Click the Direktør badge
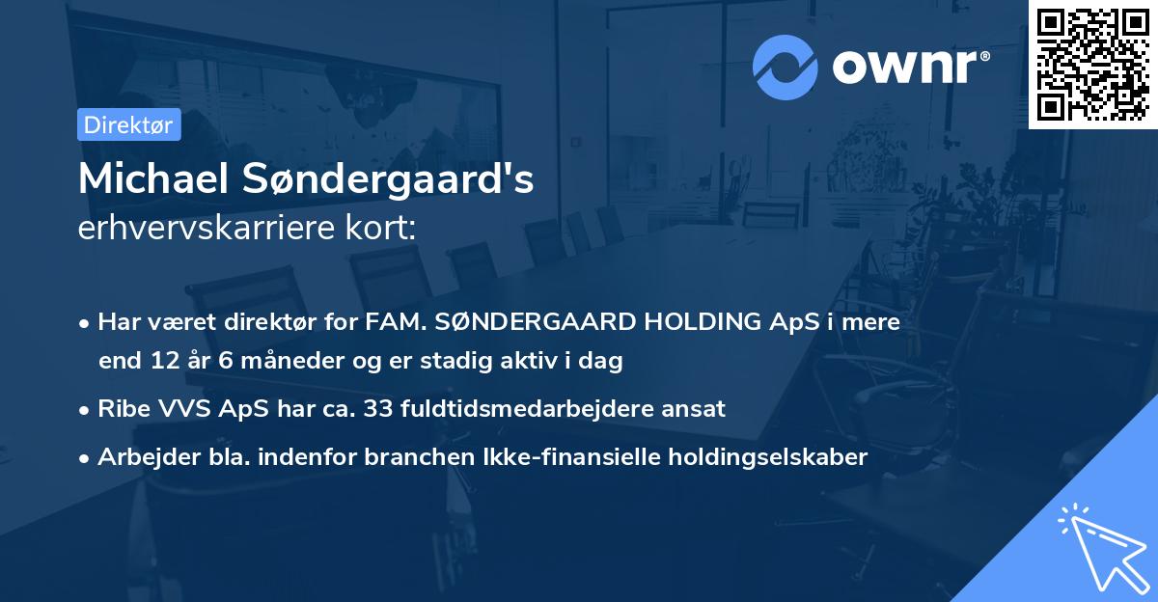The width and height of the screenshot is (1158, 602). (128, 124)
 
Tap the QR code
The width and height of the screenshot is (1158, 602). (1092, 64)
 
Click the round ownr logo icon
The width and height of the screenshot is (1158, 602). (785, 68)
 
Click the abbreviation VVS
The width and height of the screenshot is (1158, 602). (179, 408)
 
